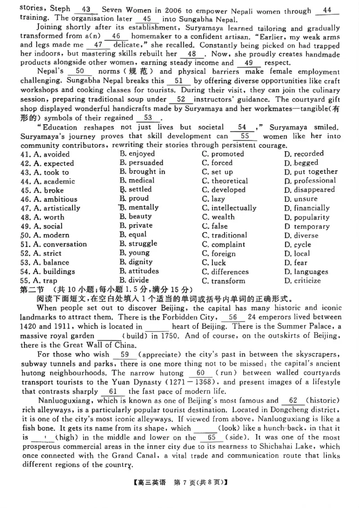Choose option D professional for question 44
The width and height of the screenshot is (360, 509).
315,181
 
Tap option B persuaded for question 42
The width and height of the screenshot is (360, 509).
146,163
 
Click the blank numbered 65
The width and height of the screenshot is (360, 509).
211,437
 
